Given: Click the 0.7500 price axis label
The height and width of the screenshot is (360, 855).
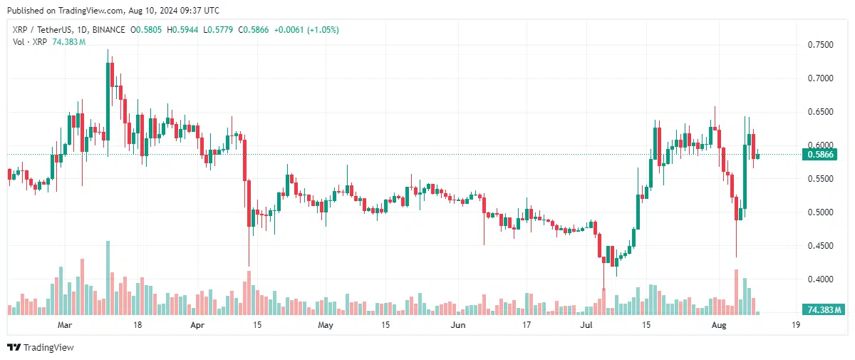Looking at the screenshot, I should click(x=820, y=45).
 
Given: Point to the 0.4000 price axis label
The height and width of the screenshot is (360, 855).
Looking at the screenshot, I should click(x=820, y=279).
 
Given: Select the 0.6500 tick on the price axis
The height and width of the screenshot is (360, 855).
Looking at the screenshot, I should click(x=820, y=112).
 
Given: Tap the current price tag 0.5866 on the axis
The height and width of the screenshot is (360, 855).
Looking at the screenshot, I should click(x=820, y=154).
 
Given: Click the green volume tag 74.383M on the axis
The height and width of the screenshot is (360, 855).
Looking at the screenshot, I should click(x=822, y=310).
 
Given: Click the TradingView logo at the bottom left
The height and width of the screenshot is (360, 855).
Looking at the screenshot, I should click(x=41, y=347).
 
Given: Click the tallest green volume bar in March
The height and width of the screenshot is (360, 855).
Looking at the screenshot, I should click(x=108, y=277).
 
